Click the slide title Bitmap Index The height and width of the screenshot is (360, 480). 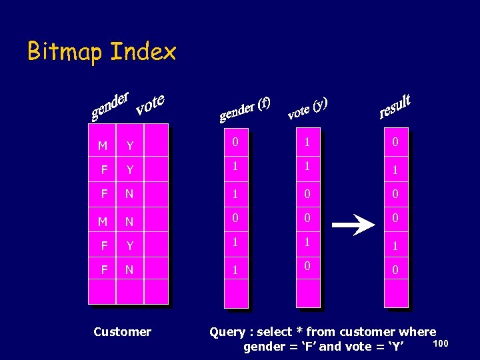point(101,51)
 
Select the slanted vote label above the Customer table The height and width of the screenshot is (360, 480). point(150,103)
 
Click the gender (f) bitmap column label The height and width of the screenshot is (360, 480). point(245,109)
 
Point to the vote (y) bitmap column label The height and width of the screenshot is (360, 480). point(307,109)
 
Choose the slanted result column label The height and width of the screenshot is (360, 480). point(395,106)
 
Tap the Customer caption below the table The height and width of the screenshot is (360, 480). point(123,331)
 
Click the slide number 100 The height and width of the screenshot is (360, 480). point(441,343)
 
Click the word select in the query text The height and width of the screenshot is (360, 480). point(274,331)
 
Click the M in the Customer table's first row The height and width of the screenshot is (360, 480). point(102,146)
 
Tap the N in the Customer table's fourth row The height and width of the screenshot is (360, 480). point(129,221)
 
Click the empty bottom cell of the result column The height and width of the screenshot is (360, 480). point(395,293)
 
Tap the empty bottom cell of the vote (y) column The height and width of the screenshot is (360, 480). point(307,293)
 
